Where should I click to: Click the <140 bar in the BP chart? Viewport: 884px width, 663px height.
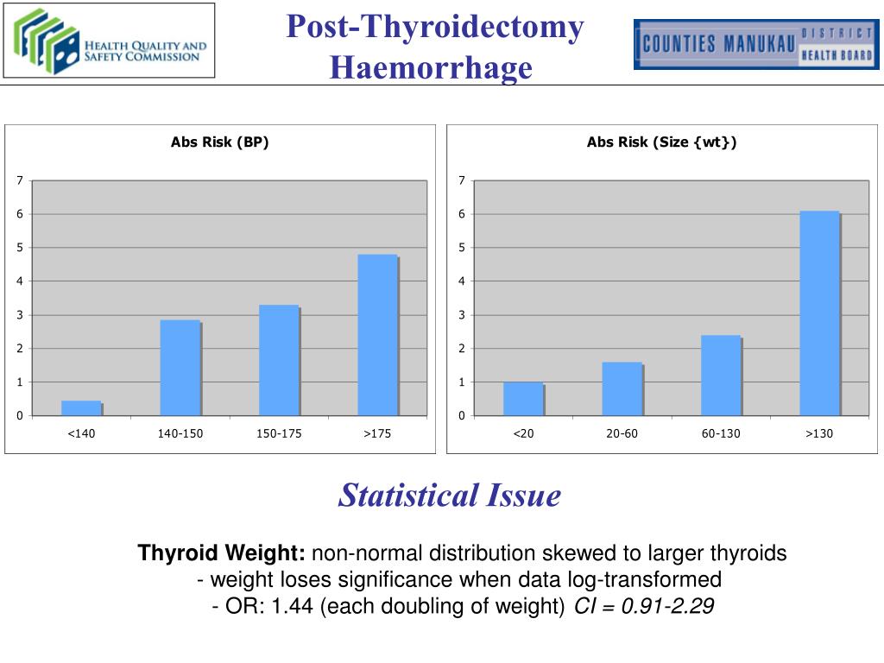click(x=81, y=408)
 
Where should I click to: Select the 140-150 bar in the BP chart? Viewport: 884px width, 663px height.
click(x=180, y=368)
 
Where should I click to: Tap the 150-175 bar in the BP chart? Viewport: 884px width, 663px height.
click(x=279, y=361)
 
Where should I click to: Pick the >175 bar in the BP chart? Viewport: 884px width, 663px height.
click(x=377, y=335)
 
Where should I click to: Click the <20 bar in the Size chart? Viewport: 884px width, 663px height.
click(x=523, y=399)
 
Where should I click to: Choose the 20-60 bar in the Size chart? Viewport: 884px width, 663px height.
click(x=622, y=388)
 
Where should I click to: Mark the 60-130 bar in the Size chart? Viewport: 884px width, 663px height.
click(x=721, y=376)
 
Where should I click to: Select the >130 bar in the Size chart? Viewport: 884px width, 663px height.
click(x=819, y=313)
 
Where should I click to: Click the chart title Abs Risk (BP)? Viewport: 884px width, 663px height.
click(x=220, y=142)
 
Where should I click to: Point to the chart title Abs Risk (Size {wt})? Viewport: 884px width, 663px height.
click(x=662, y=142)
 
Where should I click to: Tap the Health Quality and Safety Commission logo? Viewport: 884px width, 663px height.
click(x=109, y=41)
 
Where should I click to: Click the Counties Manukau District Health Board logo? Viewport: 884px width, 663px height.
click(x=754, y=44)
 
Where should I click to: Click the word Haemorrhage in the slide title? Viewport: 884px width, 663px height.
click(x=431, y=66)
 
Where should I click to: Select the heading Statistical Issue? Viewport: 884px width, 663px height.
click(x=450, y=495)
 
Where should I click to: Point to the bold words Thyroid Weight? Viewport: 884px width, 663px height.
click(x=222, y=553)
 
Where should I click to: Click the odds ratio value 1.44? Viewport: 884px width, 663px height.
click(x=294, y=607)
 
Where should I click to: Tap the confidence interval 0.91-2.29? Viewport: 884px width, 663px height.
click(x=660, y=607)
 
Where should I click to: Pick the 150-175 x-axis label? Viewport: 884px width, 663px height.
click(x=279, y=433)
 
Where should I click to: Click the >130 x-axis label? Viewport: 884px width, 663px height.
click(x=819, y=433)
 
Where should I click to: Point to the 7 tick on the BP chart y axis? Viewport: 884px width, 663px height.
click(x=19, y=180)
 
